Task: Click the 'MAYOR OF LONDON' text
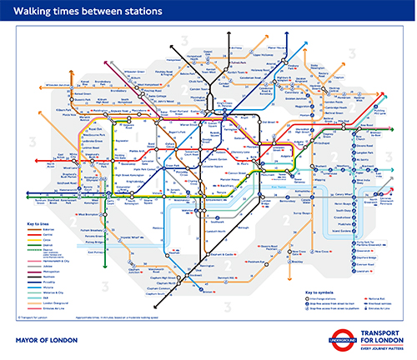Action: click(48, 341)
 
